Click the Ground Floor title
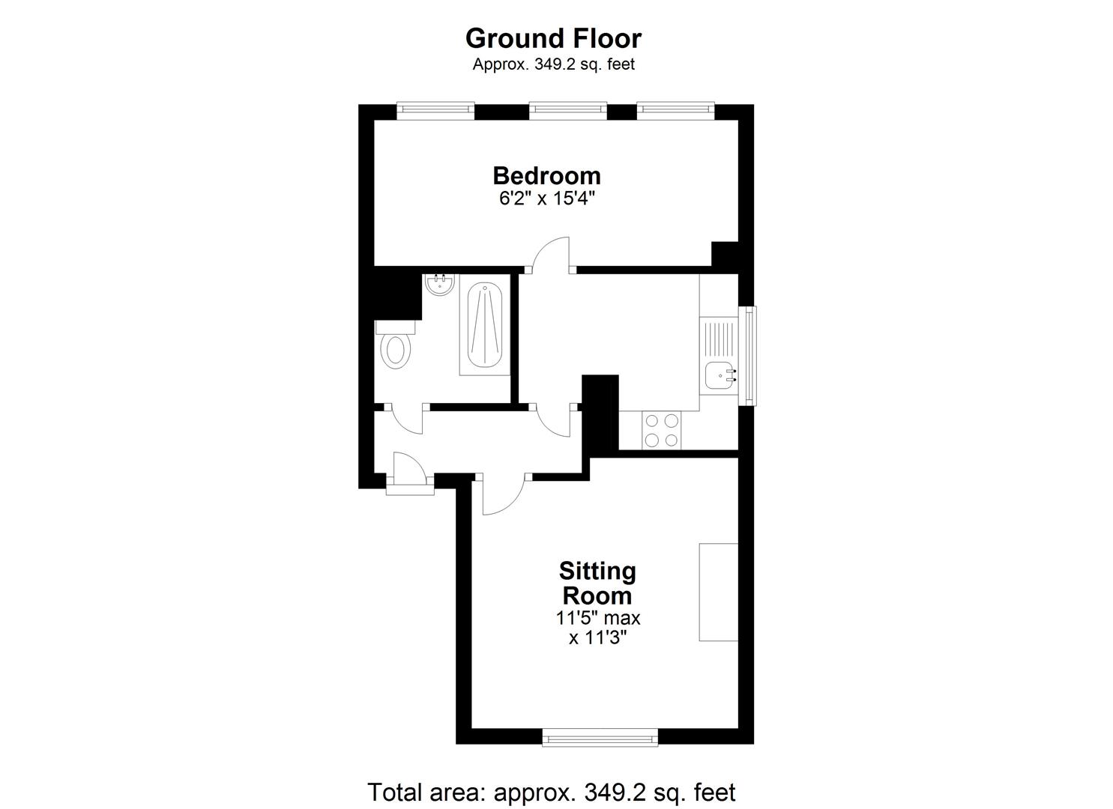tap(553, 38)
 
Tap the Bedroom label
tap(546, 175)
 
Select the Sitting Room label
tap(597, 584)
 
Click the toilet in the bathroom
tap(396, 349)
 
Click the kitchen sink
tap(721, 373)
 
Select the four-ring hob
tap(661, 430)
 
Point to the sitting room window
tap(600, 739)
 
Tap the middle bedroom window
tap(567, 111)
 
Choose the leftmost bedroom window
tap(435, 111)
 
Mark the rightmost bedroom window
tap(675, 111)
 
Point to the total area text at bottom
tap(551, 792)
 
